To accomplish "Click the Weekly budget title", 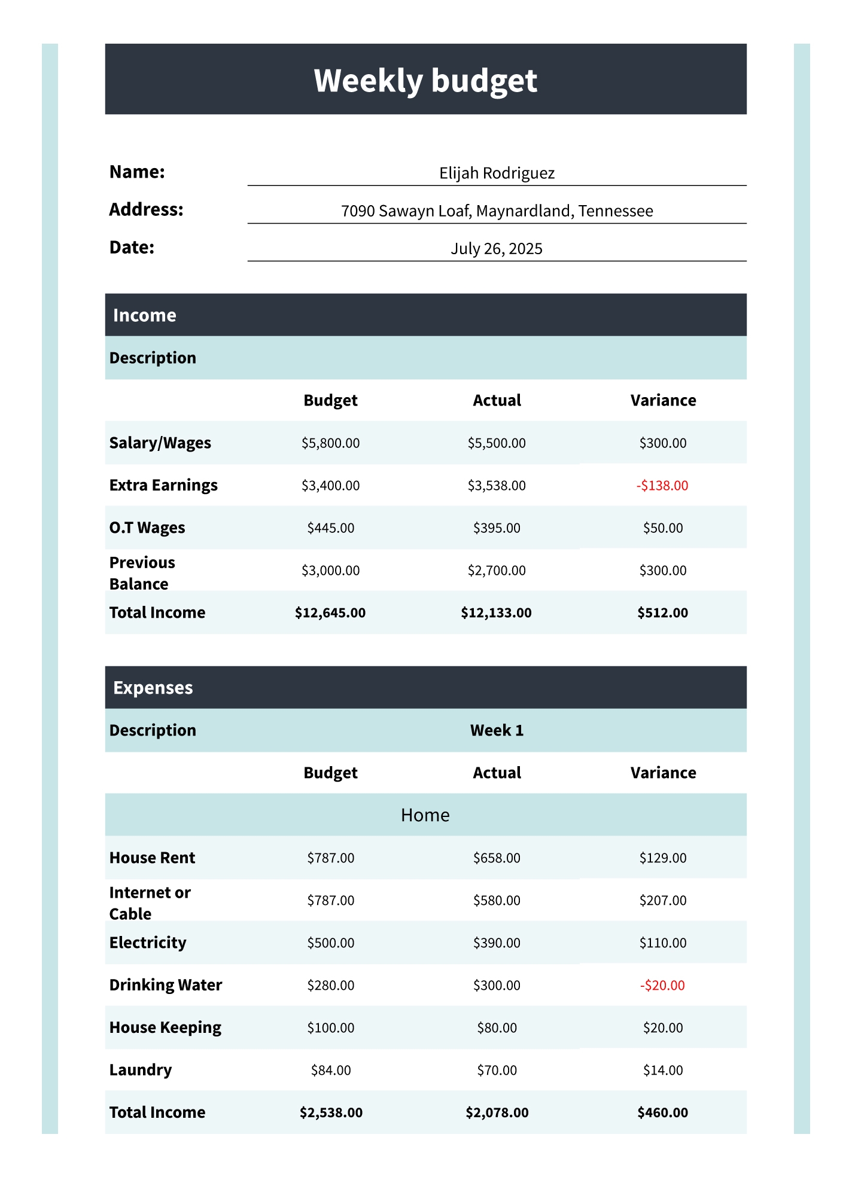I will (x=425, y=80).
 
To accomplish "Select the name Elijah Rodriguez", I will (x=497, y=173).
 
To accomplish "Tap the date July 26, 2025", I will (x=497, y=249).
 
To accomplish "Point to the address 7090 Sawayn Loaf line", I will (x=497, y=211).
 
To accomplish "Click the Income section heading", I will (x=145, y=315).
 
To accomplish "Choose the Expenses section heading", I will (x=153, y=688).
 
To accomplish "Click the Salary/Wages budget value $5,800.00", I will (x=330, y=443).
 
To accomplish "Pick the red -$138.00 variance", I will (x=662, y=486).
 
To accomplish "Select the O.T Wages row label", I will (x=147, y=528).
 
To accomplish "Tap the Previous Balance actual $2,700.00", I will (x=497, y=571).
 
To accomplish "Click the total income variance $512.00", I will (x=662, y=613).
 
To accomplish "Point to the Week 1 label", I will (x=497, y=730).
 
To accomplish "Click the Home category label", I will (x=425, y=815).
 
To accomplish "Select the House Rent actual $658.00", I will (x=497, y=858).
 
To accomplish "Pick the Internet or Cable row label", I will (x=150, y=903).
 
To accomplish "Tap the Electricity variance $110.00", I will (x=662, y=943).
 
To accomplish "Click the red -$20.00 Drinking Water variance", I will (x=662, y=986).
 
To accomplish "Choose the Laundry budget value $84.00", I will (x=330, y=1071).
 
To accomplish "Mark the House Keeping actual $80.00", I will (x=497, y=1028).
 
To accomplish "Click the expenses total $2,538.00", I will (x=331, y=1113).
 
